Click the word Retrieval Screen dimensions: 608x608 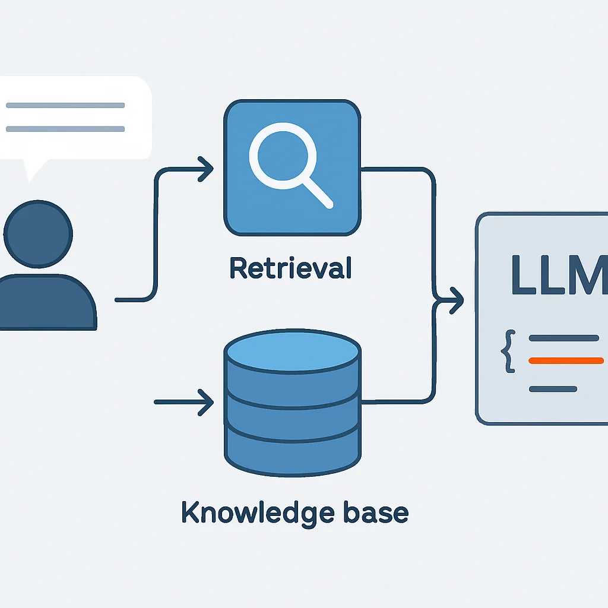(291, 268)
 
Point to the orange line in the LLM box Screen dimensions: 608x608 (566, 360)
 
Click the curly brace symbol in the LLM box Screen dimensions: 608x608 (508, 351)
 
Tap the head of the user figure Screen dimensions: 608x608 (38, 234)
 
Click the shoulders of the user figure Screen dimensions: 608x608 (46, 302)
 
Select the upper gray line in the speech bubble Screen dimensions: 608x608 (65, 106)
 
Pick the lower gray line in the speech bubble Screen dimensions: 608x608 (65, 129)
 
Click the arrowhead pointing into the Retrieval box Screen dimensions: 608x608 (206, 169)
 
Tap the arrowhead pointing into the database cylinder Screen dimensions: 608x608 (206, 403)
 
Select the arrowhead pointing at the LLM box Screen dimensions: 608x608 (457, 300)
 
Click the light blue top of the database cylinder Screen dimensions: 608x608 (292, 352)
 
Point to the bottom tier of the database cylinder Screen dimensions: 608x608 (292, 454)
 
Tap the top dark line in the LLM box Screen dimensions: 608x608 (564, 338)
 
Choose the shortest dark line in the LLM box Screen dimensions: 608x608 (553, 389)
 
